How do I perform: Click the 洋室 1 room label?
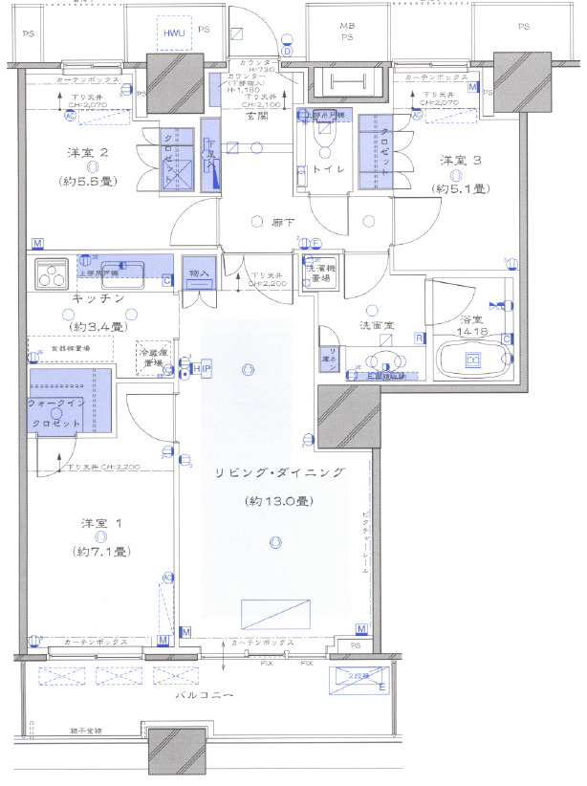pyautogui.click(x=98, y=525)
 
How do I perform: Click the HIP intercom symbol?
pyautogui.click(x=202, y=370)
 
